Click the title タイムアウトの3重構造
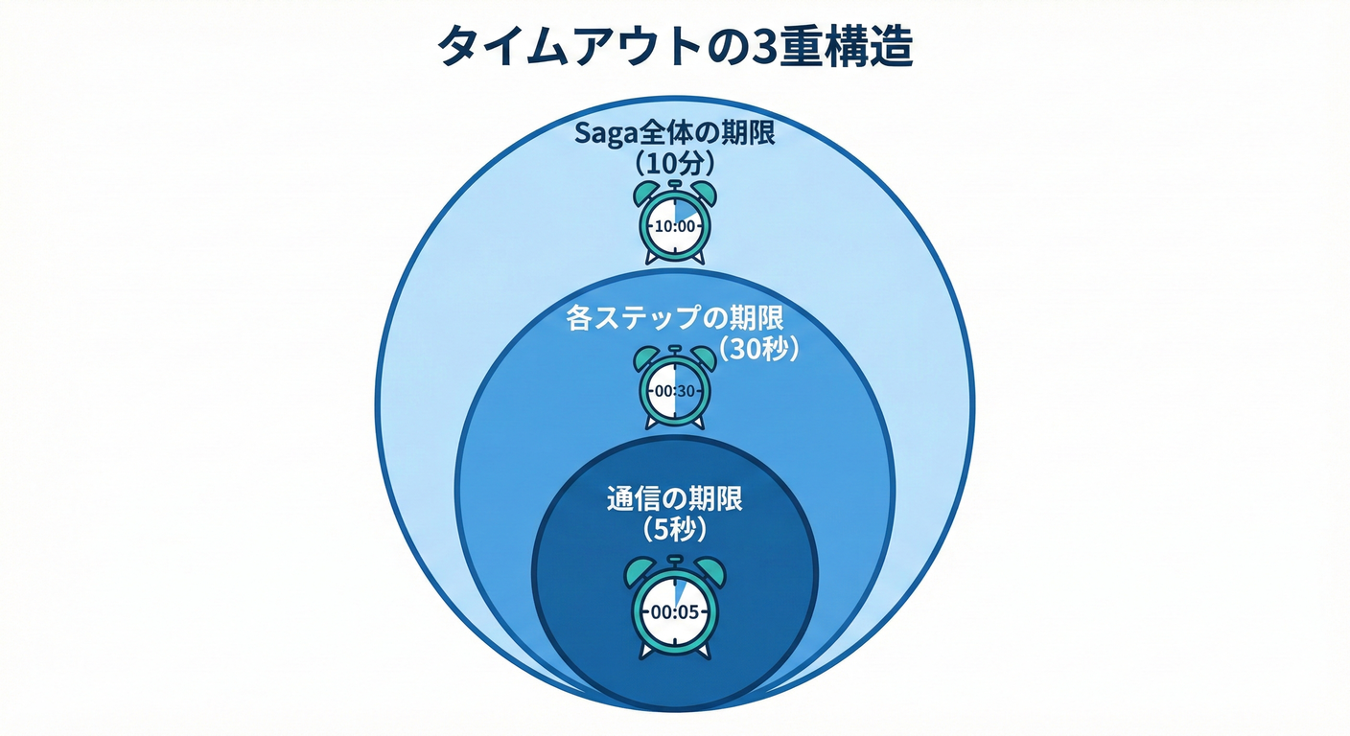pyautogui.click(x=675, y=47)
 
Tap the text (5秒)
pyautogui.click(x=675, y=527)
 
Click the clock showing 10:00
pyautogui.click(x=675, y=226)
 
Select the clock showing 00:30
pyautogui.click(x=675, y=391)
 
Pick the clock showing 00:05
pyautogui.click(x=675, y=610)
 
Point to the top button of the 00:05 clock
pyautogui.click(x=675, y=559)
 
